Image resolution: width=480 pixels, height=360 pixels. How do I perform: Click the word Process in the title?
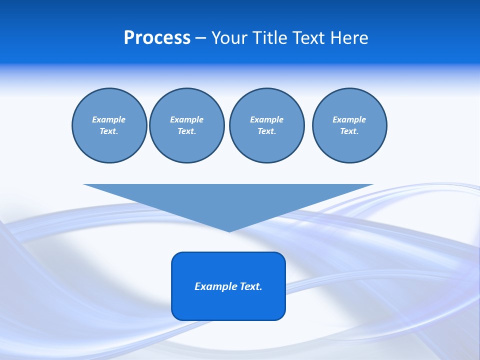point(157,38)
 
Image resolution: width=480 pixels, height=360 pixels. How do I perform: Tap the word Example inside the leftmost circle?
point(109,119)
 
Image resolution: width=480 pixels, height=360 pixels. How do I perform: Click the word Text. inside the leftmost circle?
point(109,131)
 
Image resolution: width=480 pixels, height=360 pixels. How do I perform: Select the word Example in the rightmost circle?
point(349,119)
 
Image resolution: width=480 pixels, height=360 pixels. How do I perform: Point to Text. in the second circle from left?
point(186,131)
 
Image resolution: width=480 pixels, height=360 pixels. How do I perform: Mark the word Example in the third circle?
point(266,119)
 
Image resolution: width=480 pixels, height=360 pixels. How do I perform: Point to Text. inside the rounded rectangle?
point(251,286)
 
